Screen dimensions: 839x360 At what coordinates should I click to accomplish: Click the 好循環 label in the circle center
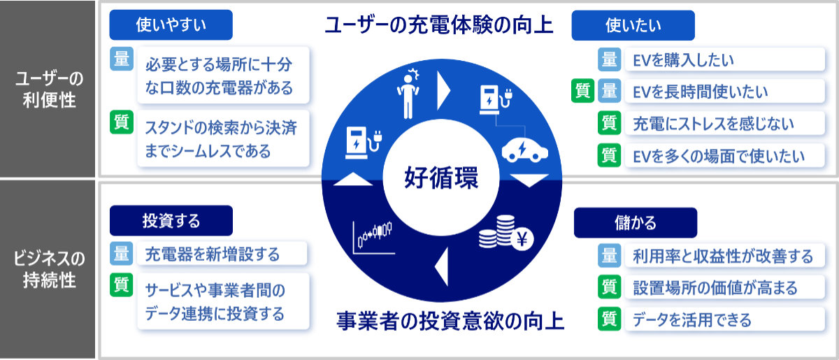[441, 178]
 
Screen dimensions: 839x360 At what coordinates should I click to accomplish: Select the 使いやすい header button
[171, 24]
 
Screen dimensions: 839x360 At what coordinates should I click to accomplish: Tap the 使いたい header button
[633, 25]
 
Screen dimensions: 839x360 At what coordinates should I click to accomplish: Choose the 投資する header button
[171, 221]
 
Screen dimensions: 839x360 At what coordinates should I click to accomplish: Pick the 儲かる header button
[636, 223]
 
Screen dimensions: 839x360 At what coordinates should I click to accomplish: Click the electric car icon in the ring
[525, 150]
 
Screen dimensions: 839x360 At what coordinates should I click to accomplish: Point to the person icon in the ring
[408, 94]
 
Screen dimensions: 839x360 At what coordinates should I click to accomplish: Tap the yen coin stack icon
[506, 233]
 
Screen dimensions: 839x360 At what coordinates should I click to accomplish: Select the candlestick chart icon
[373, 238]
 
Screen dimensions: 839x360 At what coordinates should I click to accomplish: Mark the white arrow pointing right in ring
[443, 91]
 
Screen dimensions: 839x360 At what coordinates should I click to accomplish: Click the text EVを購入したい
[683, 60]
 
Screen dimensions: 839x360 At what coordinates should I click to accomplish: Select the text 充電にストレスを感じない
[713, 124]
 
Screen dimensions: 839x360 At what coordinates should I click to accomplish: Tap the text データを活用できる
[691, 320]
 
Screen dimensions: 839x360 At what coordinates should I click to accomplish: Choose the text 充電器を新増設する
[212, 254]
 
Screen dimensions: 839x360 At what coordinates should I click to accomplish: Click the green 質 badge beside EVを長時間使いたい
[582, 91]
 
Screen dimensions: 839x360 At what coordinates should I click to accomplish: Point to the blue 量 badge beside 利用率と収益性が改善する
[609, 255]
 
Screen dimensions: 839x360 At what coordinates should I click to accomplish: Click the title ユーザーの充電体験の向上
[438, 25]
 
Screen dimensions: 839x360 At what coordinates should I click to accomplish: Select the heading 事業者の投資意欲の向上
[450, 322]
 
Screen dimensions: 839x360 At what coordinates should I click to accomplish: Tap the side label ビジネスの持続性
[49, 269]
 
